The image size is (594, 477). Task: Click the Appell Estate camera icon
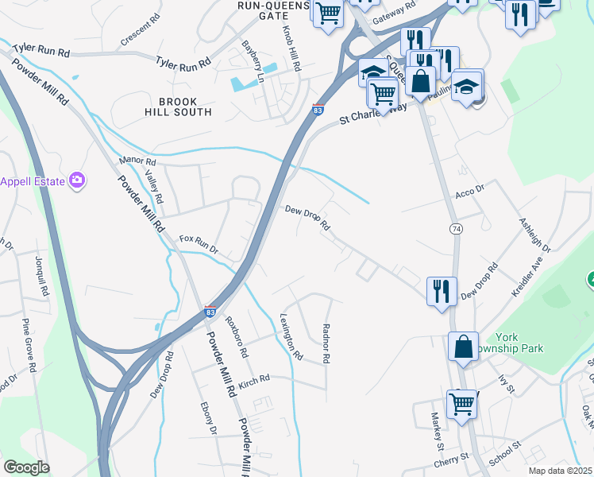77,180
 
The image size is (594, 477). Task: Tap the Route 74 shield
455,229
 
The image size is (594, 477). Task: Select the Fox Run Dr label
198,243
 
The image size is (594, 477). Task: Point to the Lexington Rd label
291,336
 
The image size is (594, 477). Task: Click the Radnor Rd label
326,343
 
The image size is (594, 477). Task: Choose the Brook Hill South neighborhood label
185,107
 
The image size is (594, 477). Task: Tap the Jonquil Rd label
40,276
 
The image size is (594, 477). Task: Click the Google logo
26,467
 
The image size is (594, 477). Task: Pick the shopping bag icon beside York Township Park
463,347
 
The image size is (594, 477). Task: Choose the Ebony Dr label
208,419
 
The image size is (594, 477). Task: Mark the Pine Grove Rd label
30,346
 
